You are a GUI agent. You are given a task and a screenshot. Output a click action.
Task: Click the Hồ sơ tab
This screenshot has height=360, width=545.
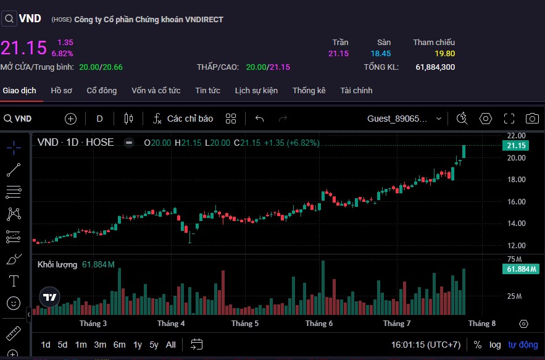[61, 90]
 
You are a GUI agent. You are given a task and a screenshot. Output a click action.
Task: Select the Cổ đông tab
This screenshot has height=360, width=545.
[101, 90]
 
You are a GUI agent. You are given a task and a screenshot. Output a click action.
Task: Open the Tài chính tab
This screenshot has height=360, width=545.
[356, 90]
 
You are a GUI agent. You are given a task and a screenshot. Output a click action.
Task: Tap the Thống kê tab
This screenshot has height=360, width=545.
[309, 90]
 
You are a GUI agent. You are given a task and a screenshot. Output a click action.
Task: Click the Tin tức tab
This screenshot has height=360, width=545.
[207, 90]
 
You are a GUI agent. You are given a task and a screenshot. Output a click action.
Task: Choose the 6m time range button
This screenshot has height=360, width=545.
[119, 345]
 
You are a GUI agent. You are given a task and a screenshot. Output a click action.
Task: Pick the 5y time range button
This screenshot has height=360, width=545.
[154, 345]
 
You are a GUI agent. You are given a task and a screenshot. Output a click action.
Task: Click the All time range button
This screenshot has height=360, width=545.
[171, 345]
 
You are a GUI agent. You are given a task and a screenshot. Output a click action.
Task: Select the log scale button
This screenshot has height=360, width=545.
[495, 345]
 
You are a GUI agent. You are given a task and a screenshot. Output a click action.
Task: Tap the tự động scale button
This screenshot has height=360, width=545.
[523, 345]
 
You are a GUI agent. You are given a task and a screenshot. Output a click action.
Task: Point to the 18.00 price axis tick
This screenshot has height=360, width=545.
[516, 180]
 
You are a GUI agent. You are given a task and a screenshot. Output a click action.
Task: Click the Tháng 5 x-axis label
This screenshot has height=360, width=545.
[245, 324]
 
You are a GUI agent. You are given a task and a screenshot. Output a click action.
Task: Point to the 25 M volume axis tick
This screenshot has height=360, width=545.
[514, 296]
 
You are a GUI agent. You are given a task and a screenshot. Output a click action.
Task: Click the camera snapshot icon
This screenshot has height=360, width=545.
[531, 119]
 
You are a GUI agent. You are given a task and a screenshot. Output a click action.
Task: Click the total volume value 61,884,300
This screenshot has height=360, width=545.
[435, 67]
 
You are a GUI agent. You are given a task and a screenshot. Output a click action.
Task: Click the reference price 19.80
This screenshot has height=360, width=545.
[444, 54]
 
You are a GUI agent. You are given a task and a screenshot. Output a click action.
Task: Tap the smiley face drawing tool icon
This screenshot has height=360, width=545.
[13, 303]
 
